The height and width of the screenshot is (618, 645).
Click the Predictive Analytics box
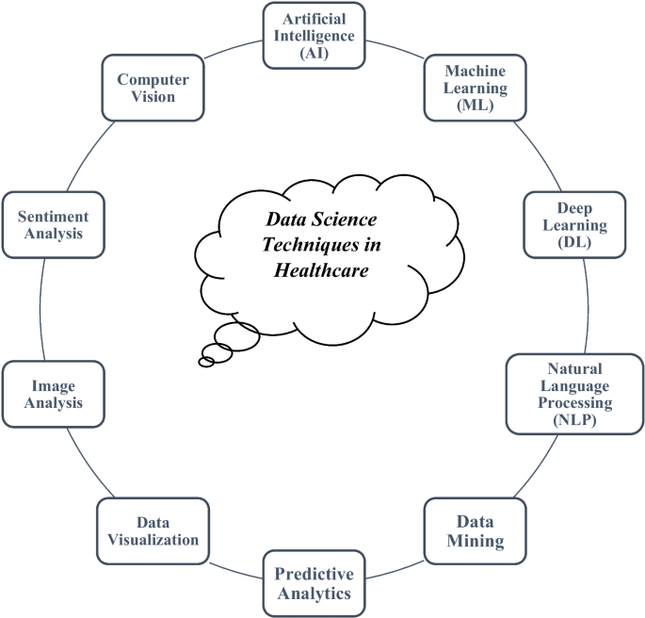click(x=313, y=584)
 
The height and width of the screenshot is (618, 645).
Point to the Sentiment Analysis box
click(x=54, y=225)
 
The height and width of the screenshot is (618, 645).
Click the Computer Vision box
click(x=152, y=89)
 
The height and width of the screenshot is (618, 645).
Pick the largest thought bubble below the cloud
click(x=236, y=334)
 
